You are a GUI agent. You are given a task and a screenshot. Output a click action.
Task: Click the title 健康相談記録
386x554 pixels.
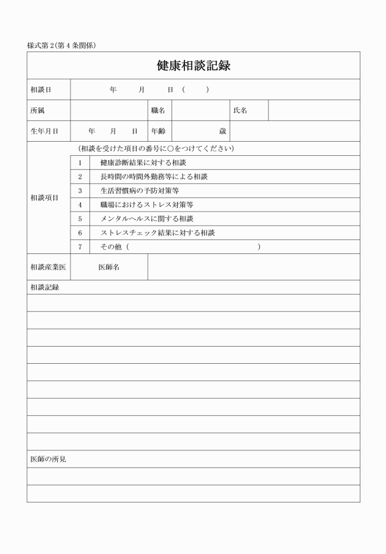[193, 66]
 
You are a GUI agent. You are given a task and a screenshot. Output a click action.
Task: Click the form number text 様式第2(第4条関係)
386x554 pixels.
[61, 45]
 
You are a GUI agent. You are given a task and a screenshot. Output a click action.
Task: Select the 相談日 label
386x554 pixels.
[41, 90]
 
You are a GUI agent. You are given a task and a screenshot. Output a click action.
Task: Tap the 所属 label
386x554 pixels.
[37, 110]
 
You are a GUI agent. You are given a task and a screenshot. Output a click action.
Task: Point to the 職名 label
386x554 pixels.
[158, 110]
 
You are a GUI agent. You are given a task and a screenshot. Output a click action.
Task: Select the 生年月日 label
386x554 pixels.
[44, 131]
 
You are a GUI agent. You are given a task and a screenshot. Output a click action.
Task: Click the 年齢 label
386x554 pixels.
[158, 131]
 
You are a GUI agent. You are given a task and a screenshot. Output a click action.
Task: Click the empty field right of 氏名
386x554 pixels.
[314, 110]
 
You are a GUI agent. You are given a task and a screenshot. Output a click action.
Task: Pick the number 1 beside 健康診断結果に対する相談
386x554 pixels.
[80, 163]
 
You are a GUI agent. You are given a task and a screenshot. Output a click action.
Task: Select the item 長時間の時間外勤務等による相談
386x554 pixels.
[154, 177]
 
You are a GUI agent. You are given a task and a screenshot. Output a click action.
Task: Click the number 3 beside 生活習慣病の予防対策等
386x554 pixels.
[80, 191]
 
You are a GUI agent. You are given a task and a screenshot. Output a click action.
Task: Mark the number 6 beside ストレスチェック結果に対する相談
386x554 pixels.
[80, 233]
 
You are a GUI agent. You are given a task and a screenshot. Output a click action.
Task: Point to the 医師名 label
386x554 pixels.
[109, 267]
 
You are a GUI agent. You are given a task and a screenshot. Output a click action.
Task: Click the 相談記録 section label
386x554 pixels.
[44, 287]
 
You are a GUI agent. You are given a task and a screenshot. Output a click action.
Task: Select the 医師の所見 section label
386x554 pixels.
[48, 459]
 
